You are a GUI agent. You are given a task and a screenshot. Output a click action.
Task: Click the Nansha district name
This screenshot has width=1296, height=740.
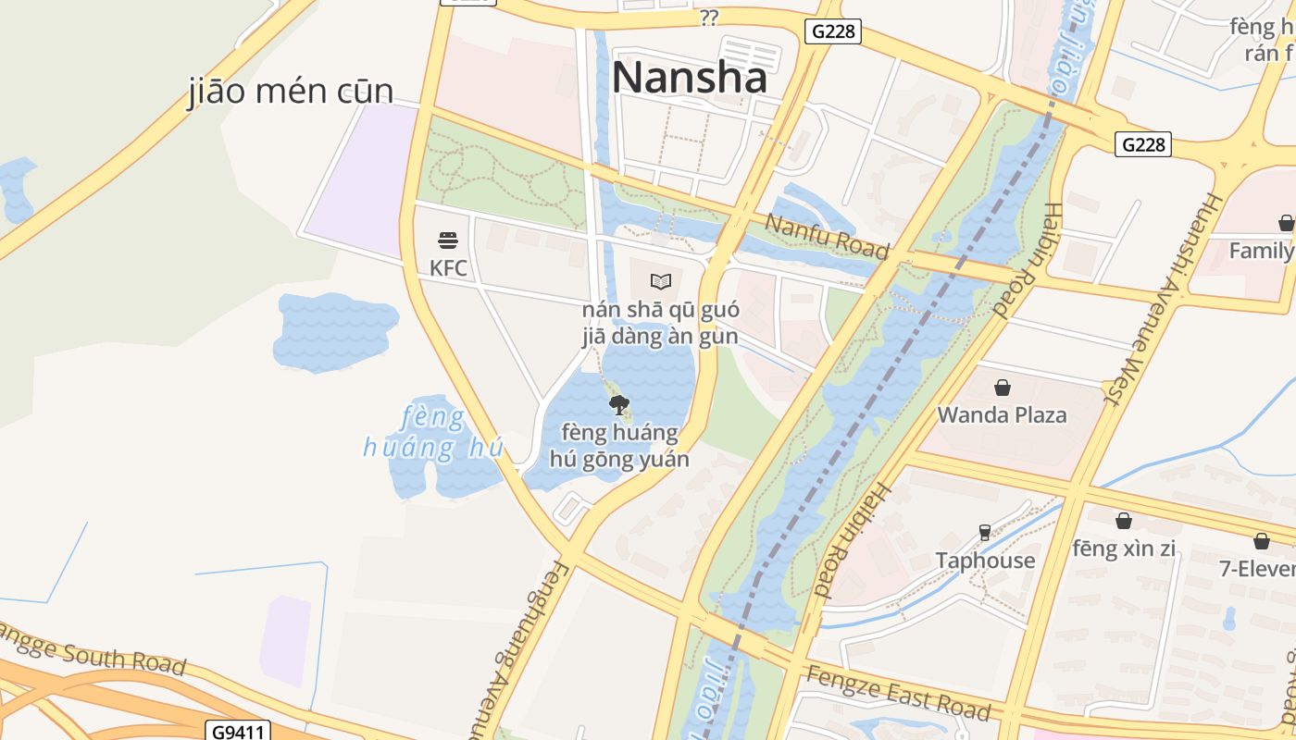coord(689,77)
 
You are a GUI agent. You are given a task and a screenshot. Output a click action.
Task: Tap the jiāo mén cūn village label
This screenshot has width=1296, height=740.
coord(292,92)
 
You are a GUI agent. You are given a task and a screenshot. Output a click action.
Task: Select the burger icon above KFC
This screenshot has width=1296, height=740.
coord(448,241)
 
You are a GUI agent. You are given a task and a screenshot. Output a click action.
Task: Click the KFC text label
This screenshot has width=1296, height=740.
coord(448,269)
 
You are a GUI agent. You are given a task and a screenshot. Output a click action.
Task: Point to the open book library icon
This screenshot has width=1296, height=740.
coord(660,281)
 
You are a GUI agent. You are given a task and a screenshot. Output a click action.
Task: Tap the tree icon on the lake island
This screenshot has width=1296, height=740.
coord(619,404)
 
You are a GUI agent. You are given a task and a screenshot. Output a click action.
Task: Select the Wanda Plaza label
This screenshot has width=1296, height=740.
coord(1002,414)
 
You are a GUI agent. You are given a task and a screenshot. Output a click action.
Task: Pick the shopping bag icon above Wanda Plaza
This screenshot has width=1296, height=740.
coord(1002,388)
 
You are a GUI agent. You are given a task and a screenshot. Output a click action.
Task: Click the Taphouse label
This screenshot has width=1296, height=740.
coord(985,561)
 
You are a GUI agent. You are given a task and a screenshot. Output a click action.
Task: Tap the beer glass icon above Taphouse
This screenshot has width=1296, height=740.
coord(985,533)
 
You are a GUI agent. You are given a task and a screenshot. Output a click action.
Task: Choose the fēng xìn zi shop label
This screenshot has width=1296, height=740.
coord(1124,549)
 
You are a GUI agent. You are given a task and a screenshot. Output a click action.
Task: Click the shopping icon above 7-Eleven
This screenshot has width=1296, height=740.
coord(1262,541)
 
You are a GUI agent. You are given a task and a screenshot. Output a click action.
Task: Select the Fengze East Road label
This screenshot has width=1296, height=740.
coord(897,693)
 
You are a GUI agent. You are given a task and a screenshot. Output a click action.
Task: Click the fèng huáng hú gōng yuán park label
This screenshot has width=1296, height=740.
coord(619,446)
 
